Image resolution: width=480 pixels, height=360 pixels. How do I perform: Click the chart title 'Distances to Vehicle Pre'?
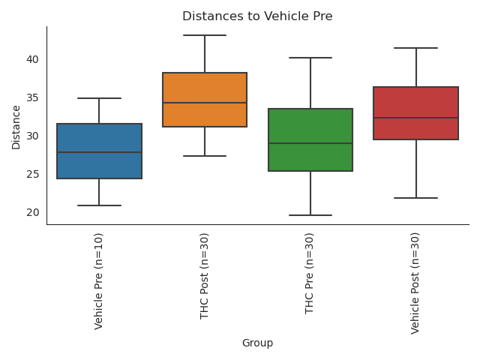point(257,16)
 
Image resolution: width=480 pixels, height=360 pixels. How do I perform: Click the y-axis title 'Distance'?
point(16,125)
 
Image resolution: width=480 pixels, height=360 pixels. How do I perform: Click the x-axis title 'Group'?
point(257,343)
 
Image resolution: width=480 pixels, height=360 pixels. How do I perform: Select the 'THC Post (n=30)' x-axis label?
point(205,276)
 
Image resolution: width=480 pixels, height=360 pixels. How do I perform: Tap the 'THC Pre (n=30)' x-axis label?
point(310,274)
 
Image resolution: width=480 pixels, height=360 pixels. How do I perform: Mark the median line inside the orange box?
point(205,103)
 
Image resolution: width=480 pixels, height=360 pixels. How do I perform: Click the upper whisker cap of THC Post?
point(205,35)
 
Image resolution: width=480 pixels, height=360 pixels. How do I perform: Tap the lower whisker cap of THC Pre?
point(310,215)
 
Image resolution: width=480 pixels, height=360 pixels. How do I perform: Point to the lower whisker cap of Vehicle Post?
point(416,198)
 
